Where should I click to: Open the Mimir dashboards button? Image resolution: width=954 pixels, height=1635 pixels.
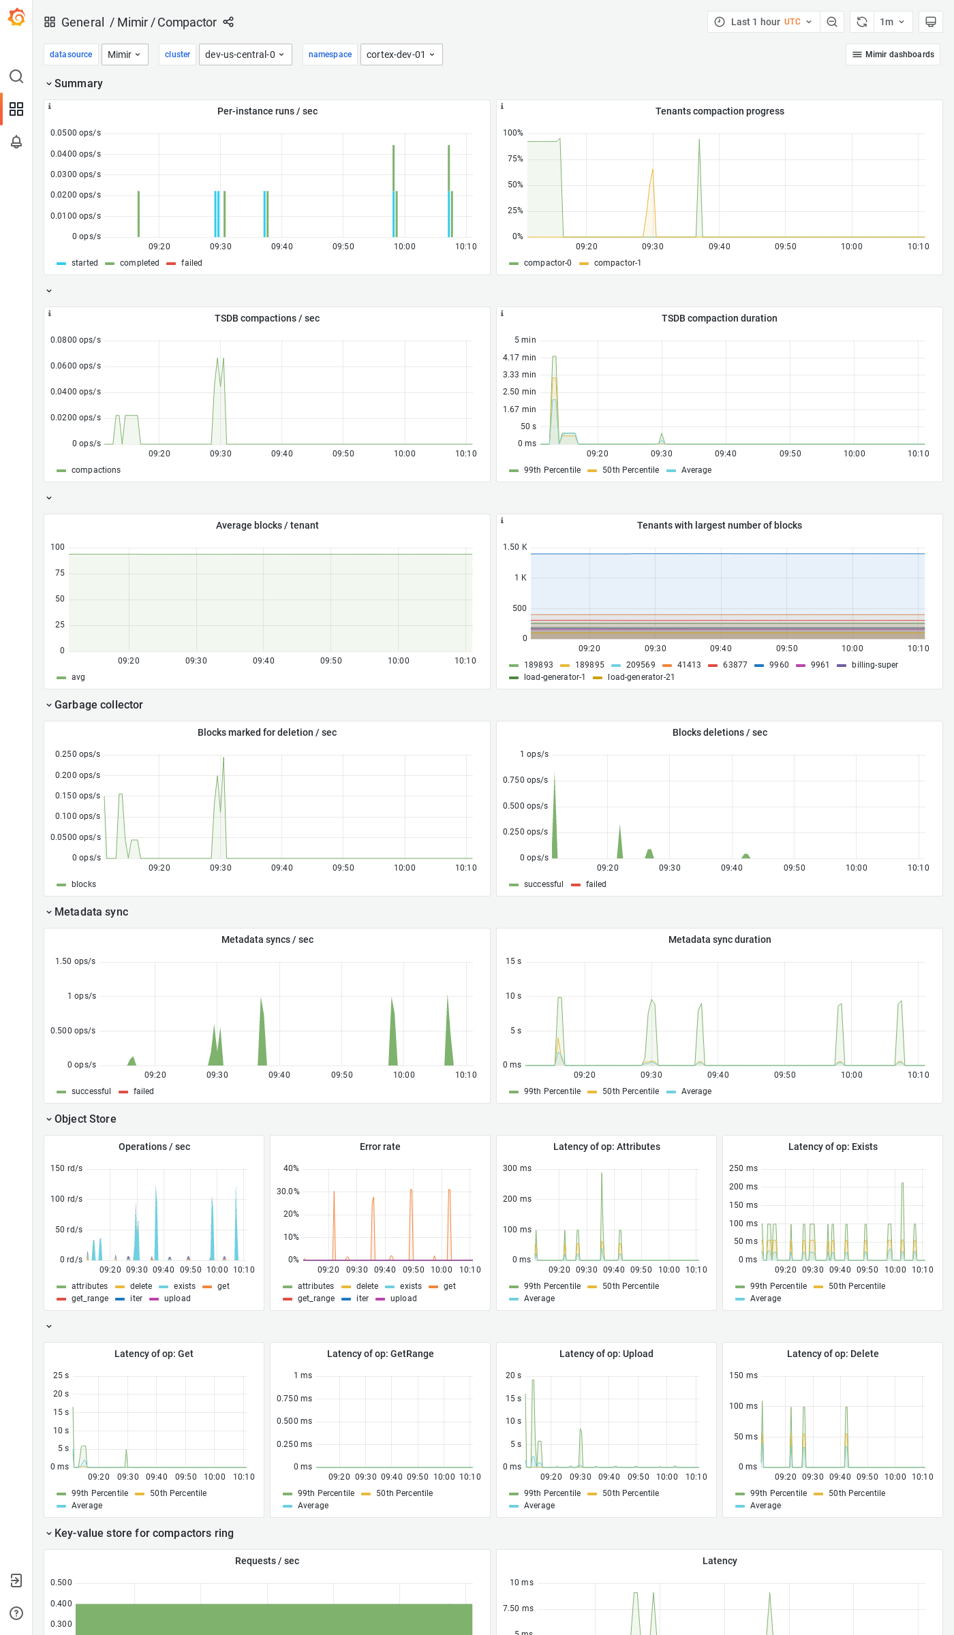893,54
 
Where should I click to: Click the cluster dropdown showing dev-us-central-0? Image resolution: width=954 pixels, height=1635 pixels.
245,54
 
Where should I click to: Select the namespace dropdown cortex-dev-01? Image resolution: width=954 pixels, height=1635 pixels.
401,54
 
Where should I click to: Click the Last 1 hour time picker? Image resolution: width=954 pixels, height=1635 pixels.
763,22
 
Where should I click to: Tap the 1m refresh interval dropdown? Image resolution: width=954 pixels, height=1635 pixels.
891,22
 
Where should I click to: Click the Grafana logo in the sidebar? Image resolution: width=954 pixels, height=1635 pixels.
16,18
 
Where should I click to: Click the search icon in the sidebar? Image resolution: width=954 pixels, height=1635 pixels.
16,76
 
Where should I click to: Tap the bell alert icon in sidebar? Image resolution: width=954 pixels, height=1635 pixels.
16,142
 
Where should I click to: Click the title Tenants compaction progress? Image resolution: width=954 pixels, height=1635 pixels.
719,111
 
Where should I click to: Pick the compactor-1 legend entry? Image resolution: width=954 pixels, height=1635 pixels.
617,263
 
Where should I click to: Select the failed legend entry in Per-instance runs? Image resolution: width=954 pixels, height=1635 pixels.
191,263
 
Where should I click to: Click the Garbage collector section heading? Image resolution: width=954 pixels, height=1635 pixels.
98,704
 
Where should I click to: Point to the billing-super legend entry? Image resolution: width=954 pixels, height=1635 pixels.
874,665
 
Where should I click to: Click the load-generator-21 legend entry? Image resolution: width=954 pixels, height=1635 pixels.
641,677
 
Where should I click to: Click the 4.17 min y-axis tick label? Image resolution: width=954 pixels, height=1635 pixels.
519,358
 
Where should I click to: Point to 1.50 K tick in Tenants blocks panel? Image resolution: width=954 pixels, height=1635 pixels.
514,547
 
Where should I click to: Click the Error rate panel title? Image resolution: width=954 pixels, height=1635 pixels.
380,1147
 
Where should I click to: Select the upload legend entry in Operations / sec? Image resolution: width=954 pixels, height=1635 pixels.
177,1298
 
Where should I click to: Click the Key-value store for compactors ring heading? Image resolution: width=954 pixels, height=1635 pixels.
143,1533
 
